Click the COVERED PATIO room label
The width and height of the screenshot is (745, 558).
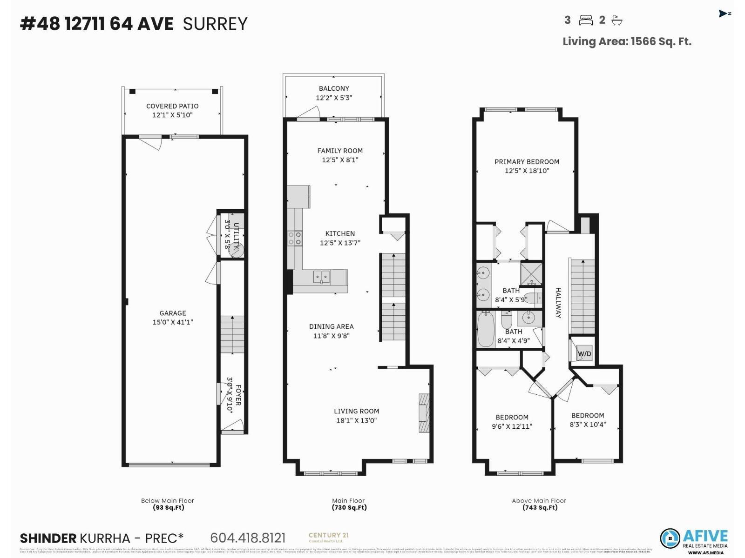tap(172, 111)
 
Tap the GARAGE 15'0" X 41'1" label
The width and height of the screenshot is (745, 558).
tap(173, 318)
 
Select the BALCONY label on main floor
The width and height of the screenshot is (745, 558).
tap(334, 93)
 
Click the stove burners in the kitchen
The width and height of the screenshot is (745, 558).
tap(295, 239)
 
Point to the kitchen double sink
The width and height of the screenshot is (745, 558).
tap(321, 277)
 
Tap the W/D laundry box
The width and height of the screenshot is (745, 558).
tap(584, 354)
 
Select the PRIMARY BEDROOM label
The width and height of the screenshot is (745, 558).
tap(527, 166)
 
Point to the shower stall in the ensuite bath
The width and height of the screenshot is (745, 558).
tap(531, 274)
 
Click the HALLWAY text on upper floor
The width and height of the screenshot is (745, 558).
tap(558, 303)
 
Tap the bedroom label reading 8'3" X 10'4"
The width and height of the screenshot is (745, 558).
tap(588, 420)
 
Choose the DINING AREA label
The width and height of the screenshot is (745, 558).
tap(331, 331)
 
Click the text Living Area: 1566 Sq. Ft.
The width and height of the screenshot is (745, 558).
tap(627, 41)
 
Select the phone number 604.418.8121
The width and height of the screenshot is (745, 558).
tap(248, 538)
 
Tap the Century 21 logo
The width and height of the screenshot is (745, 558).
tap(329, 538)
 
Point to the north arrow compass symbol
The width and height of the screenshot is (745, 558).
tap(724, 13)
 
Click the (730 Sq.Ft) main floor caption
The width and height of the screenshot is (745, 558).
tap(349, 507)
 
